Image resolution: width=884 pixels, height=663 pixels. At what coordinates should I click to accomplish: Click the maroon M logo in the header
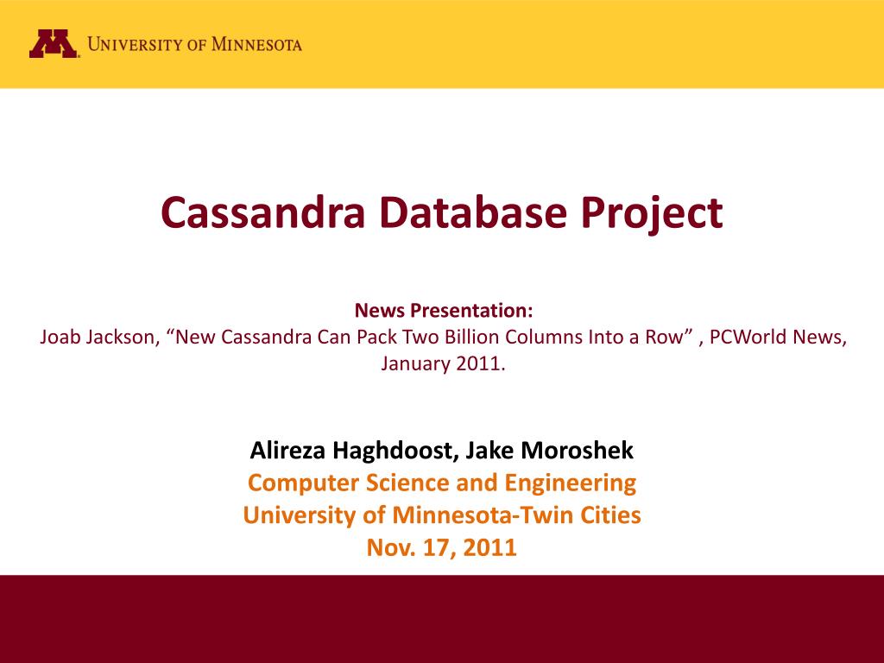tap(54, 43)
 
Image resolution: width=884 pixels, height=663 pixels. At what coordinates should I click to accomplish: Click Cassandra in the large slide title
tap(262, 212)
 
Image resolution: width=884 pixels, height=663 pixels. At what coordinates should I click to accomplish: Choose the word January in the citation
tap(413, 363)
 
